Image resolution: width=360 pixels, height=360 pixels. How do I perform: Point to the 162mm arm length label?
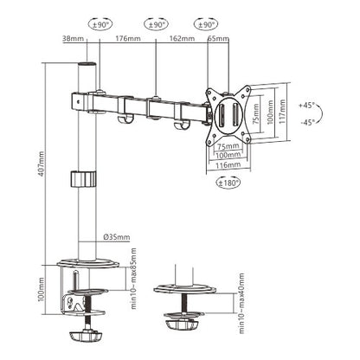[x=181, y=39]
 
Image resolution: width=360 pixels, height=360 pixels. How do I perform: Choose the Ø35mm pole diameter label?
[x=116, y=236]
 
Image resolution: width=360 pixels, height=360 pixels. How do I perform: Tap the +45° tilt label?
[x=306, y=105]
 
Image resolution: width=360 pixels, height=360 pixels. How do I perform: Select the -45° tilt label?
[x=306, y=121]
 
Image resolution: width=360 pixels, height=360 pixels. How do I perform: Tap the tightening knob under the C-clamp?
[x=89, y=332]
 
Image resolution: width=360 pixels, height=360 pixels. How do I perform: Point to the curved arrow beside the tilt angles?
[x=323, y=113]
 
